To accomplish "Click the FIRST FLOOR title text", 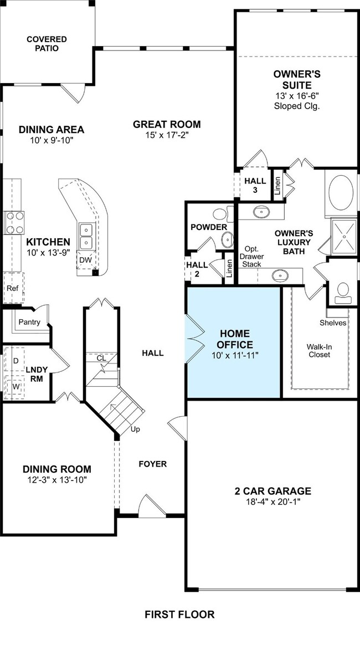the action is (x=179, y=615).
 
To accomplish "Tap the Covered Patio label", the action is (x=47, y=44).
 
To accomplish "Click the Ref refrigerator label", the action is (x=11, y=288).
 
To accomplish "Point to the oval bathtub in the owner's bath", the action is (x=341, y=193).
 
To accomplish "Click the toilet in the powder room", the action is (x=223, y=214).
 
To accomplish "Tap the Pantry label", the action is (x=29, y=322).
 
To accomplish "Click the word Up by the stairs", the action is (x=136, y=429).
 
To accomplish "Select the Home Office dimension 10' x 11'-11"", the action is (x=235, y=356).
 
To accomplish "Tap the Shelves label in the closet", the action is (x=333, y=323).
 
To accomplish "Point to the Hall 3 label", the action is (x=255, y=186).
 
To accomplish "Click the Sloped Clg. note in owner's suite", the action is (x=296, y=106).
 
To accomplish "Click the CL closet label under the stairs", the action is (x=101, y=358).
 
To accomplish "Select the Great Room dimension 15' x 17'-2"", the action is (x=167, y=135).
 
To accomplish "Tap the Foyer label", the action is (x=153, y=464).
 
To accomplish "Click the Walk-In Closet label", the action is (x=318, y=350).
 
